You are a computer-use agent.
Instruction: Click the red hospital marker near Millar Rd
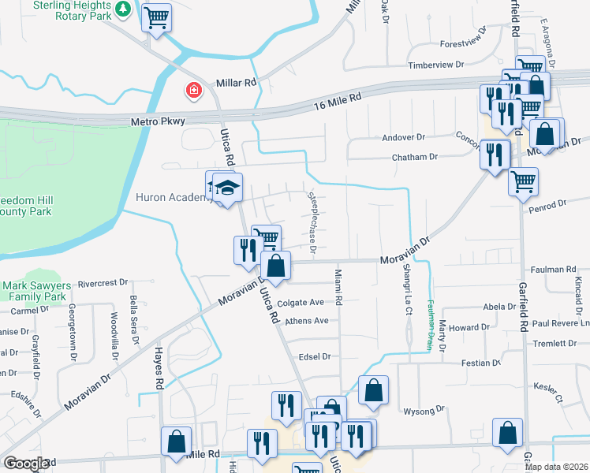point(192,91)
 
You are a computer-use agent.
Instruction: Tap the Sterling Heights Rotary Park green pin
point(122,9)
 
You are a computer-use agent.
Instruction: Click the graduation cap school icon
point(227,188)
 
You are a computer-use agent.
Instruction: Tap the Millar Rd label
point(236,82)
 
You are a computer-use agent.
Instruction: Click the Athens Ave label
point(307,321)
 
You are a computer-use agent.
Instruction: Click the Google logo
point(26,464)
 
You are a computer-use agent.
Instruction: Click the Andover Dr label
point(404,137)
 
